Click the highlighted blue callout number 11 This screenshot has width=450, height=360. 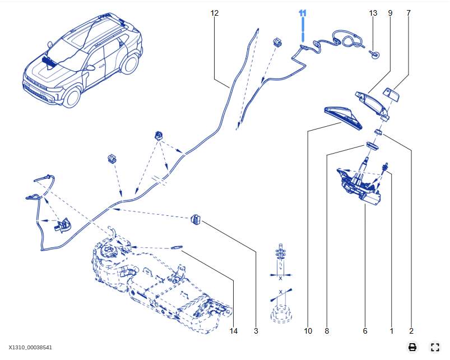click(303, 12)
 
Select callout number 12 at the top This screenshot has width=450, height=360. click(215, 12)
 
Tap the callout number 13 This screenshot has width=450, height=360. click(373, 12)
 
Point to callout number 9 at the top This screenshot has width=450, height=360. click(390, 12)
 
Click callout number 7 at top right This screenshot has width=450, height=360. click(408, 12)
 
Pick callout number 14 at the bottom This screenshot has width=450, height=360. click(234, 331)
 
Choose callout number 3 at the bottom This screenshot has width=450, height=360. click(256, 331)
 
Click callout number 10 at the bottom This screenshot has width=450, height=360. click(308, 331)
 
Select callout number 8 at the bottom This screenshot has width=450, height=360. click(327, 331)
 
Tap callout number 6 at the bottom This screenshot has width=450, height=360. click(365, 331)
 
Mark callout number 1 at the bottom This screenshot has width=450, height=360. click(392, 331)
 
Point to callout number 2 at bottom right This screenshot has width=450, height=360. click(411, 331)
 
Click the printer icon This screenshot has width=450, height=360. click(412, 347)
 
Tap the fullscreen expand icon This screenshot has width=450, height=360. click(435, 347)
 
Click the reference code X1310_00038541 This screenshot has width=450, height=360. click(30, 348)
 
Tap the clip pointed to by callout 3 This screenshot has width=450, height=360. click(197, 219)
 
